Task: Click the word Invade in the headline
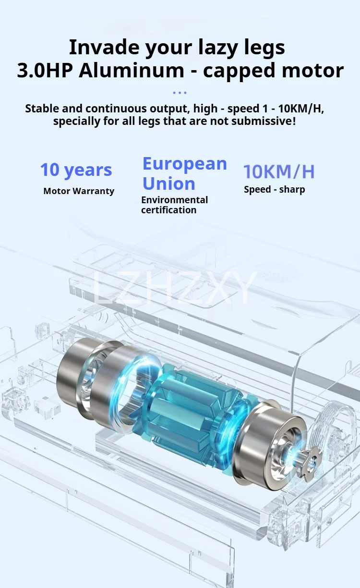tap(105, 47)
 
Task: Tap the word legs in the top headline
tap(264, 49)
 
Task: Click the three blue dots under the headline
tap(180, 93)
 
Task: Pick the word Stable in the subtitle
tap(42, 109)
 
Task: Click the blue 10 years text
tap(76, 171)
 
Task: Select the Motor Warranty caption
tap(79, 191)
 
